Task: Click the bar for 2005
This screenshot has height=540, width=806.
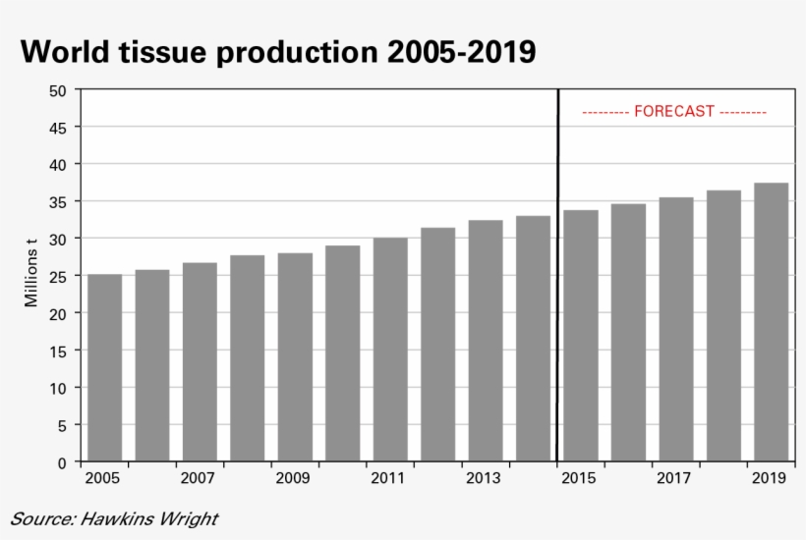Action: click(x=104, y=367)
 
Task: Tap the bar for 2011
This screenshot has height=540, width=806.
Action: click(x=390, y=350)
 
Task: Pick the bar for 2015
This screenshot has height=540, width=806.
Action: click(x=581, y=336)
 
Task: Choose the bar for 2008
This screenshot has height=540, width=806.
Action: click(x=248, y=358)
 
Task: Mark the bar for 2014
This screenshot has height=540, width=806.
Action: click(x=533, y=339)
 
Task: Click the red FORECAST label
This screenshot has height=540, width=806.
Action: click(x=674, y=112)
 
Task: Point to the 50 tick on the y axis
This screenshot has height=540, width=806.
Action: click(x=58, y=90)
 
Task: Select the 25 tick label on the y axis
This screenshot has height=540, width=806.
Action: click(x=58, y=277)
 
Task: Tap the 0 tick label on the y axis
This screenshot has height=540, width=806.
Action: click(x=62, y=462)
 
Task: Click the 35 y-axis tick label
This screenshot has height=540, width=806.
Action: click(x=58, y=202)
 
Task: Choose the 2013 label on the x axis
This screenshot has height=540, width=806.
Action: click(x=484, y=479)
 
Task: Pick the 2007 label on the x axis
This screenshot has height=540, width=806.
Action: click(x=199, y=479)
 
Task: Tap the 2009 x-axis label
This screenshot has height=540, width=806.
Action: click(x=294, y=479)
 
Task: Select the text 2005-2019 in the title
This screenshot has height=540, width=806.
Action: click(x=461, y=51)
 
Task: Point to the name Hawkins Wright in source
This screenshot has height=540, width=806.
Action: click(x=151, y=518)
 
